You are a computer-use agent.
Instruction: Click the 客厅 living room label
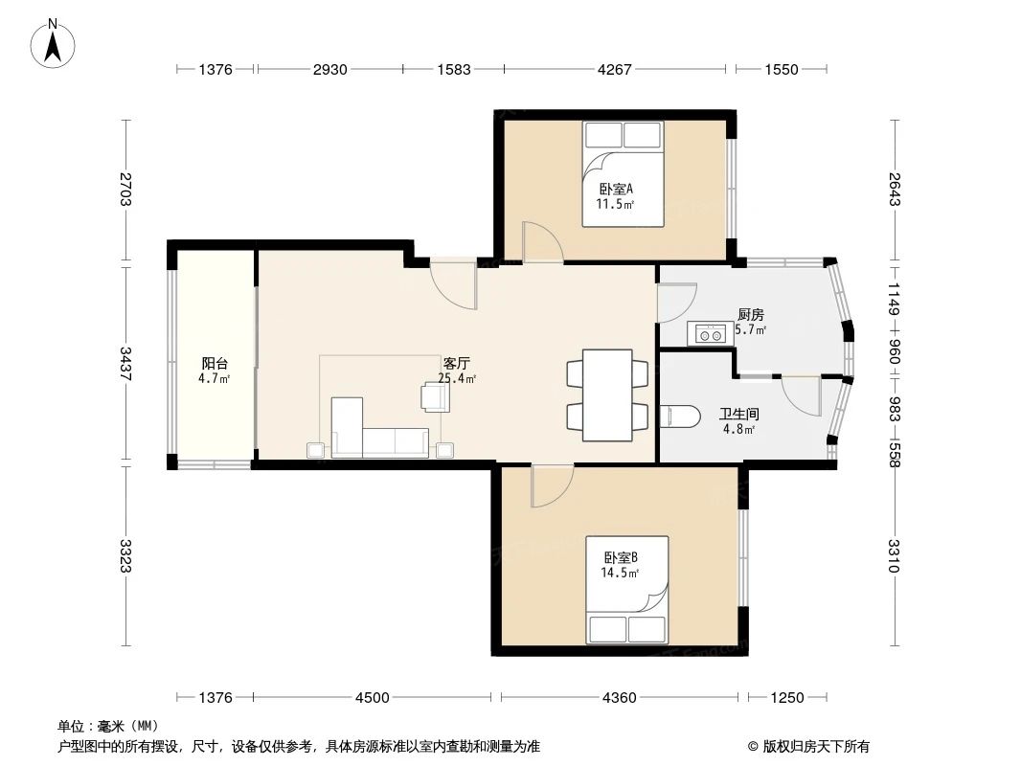pos(456,364)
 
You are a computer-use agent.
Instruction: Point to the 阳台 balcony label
pos(214,364)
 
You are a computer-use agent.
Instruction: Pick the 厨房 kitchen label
pos(750,315)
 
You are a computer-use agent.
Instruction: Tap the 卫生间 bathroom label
pos(738,415)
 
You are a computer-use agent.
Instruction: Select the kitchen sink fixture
pos(710,334)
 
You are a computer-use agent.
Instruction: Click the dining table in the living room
pos(607,394)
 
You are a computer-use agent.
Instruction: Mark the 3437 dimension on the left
pos(125,363)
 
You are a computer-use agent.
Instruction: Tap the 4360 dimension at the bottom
pos(619,698)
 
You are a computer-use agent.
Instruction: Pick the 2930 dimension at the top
pos(329,70)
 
